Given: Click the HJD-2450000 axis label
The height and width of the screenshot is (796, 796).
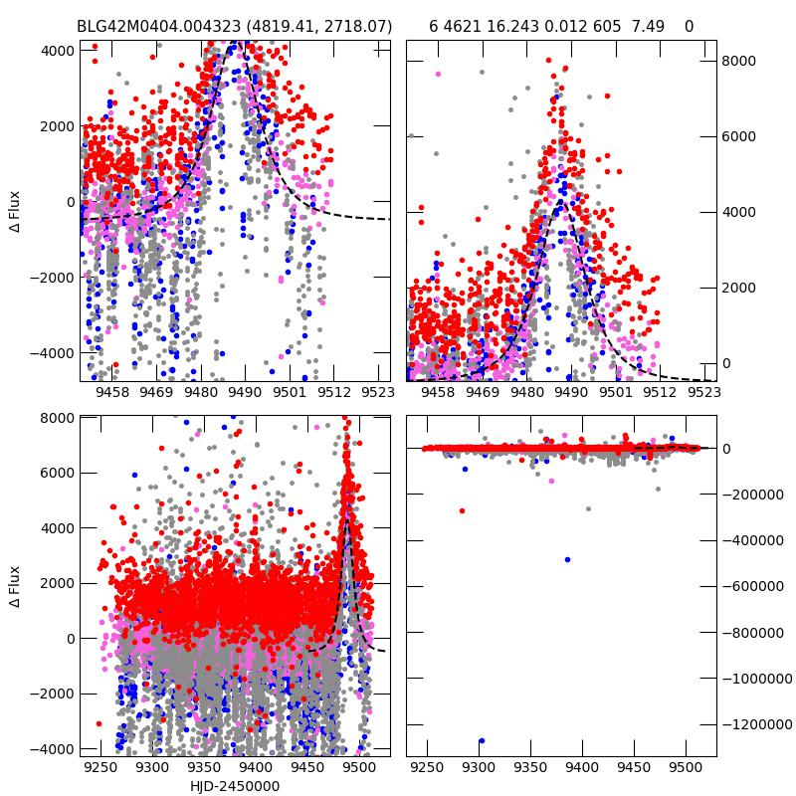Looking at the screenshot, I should click(235, 787).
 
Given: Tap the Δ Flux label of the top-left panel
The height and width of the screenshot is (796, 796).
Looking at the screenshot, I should click(14, 211).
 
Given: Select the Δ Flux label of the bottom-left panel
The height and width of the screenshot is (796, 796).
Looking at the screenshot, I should click(14, 587).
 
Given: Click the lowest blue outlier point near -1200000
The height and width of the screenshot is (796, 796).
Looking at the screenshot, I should click(482, 741).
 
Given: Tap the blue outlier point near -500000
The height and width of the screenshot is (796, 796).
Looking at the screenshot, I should click(567, 560).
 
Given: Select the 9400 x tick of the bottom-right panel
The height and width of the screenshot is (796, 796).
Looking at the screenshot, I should click(582, 768).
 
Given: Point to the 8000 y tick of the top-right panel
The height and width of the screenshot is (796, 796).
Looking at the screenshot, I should click(738, 61).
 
